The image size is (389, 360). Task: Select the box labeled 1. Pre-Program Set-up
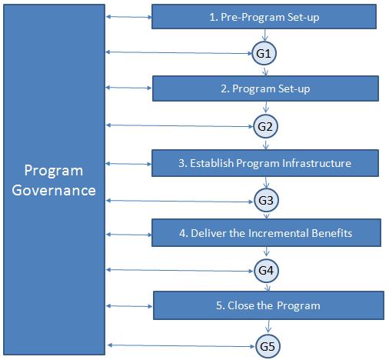pos(264,16)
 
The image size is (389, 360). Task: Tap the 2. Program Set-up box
pos(265,88)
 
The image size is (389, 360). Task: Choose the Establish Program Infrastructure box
pos(265,163)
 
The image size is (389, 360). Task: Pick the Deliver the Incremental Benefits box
pos(265,232)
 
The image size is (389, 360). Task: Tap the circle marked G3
pos(265,201)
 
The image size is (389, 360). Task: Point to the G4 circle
pos(265,271)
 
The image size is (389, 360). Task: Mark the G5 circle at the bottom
pos(266,346)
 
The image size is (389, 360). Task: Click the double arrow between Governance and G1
pos(178,52)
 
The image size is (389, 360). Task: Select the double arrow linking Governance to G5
pos(181,345)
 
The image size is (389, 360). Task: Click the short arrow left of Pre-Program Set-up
pos(128,16)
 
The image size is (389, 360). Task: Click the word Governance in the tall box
pos(60,189)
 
